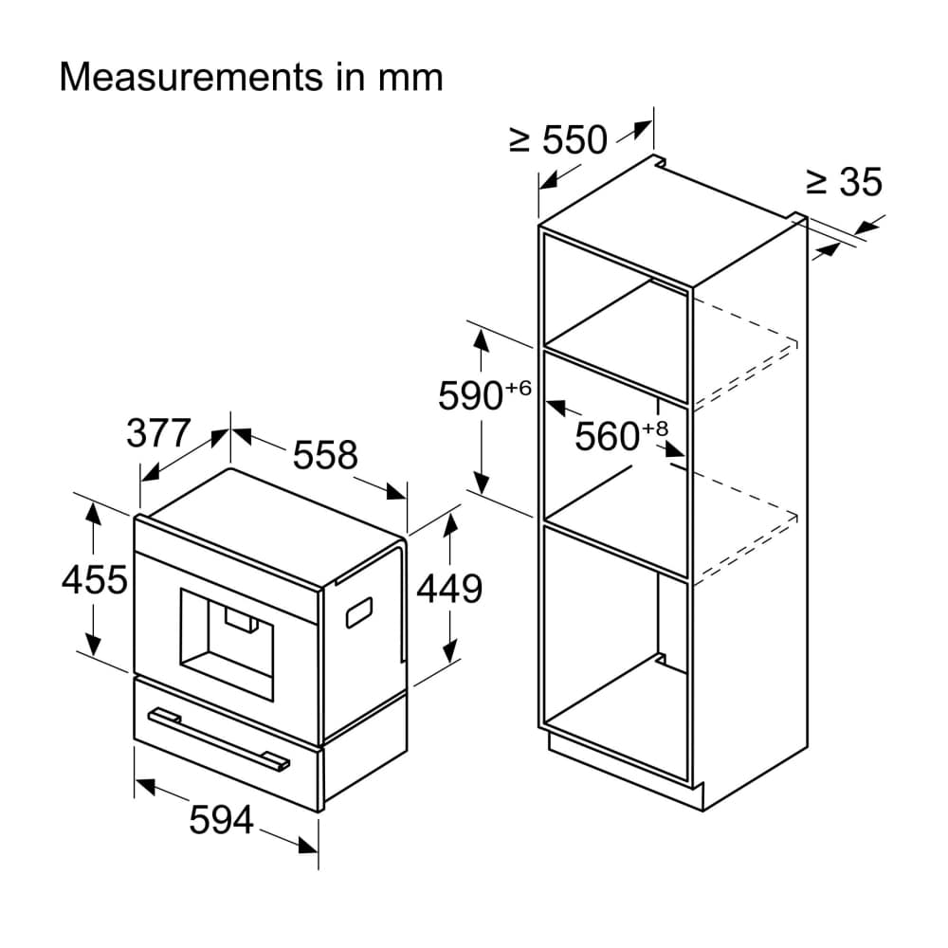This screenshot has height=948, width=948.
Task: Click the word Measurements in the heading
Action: coord(191,78)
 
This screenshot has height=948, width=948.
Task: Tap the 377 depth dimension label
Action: coord(158,433)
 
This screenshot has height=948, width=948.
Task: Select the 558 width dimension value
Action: coord(325,455)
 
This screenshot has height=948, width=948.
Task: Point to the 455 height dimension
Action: coord(94,579)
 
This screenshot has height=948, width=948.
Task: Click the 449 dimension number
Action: coord(449,589)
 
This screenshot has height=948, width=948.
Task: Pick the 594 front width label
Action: coord(221,820)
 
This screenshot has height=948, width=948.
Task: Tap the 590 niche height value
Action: coord(470,396)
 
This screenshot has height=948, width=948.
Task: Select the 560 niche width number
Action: coord(607,436)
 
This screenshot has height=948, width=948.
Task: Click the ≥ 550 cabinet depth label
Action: coord(557,139)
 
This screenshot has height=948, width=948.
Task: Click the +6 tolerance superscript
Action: coord(519,388)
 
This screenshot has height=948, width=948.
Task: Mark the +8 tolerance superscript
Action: coord(655,428)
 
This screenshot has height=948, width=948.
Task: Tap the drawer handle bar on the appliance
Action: coord(220,739)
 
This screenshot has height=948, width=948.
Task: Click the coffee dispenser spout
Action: coord(241,620)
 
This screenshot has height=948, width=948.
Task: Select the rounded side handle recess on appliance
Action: coord(358,612)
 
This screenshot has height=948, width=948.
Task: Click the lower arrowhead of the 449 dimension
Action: coord(449,652)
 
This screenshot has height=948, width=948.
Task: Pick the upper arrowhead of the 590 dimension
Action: coord(482,339)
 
